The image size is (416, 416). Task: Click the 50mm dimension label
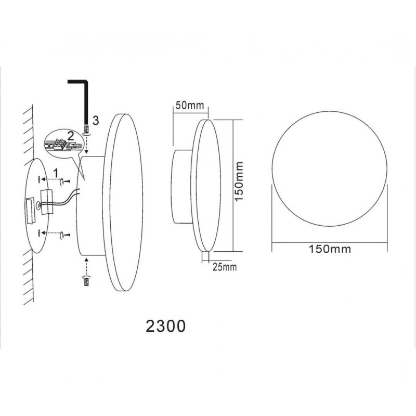190,106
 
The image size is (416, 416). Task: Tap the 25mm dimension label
225,267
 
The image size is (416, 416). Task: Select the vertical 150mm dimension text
239,181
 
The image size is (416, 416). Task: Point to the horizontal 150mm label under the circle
330,249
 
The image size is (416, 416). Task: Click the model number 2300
165,326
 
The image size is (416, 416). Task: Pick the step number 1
56,173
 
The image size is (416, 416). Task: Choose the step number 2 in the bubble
71,136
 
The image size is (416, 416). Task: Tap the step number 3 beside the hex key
96,121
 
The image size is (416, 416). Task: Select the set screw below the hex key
86,131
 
